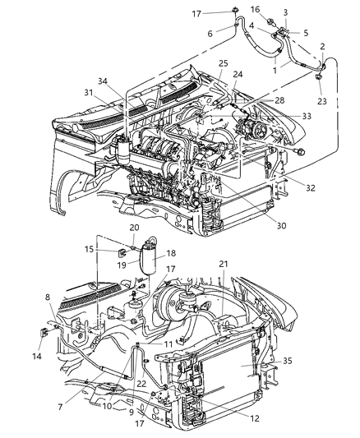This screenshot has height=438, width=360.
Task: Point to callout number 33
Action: click(284, 117)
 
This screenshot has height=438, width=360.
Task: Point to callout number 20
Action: click(134, 227)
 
